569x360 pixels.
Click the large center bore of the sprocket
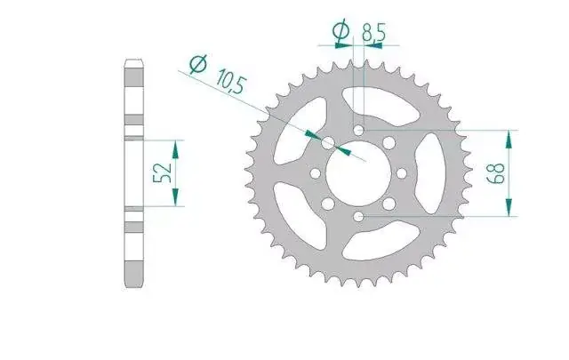[358, 173]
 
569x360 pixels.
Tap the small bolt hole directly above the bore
[358, 130]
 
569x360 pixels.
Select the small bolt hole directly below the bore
[358, 217]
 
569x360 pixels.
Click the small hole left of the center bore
[316, 173]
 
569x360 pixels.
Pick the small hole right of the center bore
[402, 173]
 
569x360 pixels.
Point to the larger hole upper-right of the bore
[389, 142]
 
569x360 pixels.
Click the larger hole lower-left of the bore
[328, 204]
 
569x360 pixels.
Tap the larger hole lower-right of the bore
[389, 204]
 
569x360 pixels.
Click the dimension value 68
[498, 173]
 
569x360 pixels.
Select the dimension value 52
[163, 172]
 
